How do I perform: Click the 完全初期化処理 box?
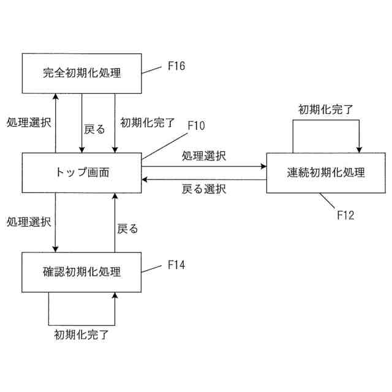click(82, 73)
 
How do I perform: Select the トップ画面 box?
click(82, 172)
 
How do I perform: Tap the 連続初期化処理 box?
click(325, 172)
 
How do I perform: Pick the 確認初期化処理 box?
click(82, 271)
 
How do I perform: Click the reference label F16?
click(176, 64)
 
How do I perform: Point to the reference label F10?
click(196, 126)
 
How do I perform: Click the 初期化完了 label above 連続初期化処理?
click(325, 110)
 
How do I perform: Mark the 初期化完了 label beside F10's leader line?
click(148, 121)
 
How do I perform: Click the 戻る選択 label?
click(203, 189)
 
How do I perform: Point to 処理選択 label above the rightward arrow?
click(203, 156)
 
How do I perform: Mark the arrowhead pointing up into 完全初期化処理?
click(55, 96)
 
